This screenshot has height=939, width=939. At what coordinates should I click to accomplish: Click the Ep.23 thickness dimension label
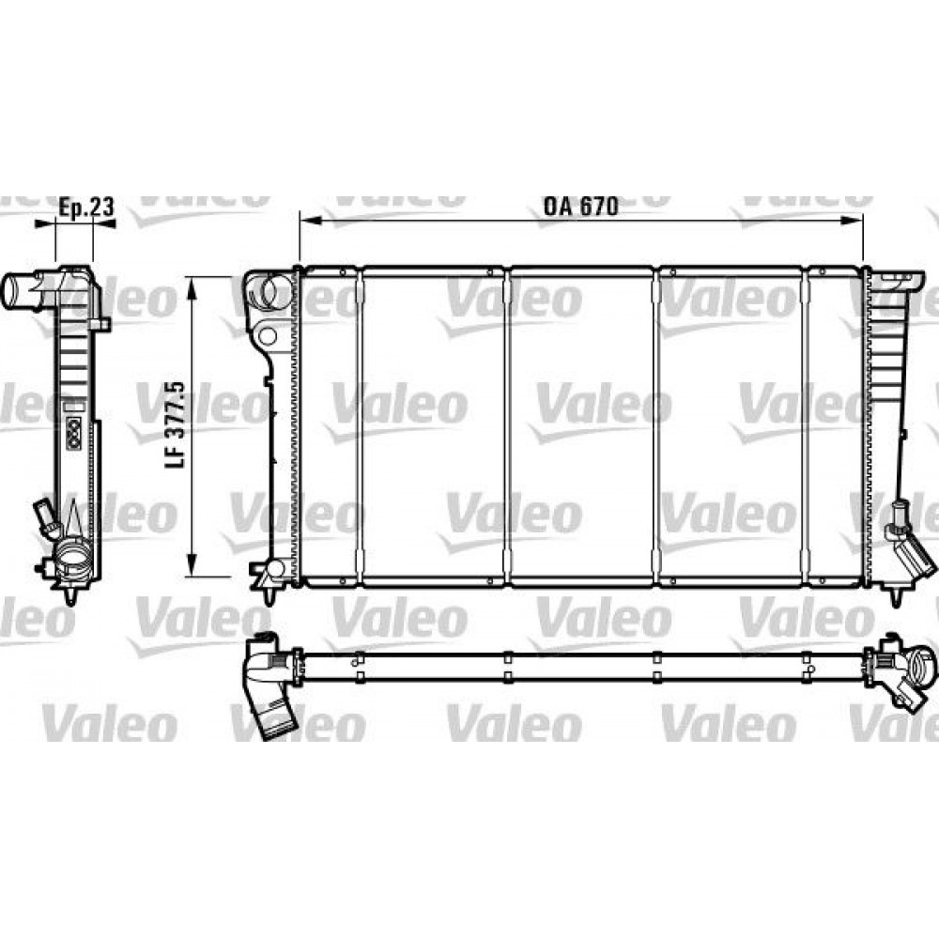(86, 207)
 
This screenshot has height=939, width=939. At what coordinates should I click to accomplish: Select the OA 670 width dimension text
(580, 207)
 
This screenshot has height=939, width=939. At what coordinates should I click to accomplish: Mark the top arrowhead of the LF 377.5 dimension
(192, 285)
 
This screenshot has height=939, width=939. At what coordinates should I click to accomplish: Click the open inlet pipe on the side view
(21, 290)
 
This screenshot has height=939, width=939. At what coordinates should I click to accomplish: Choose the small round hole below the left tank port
(267, 335)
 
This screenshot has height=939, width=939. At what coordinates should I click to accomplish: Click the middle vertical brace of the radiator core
(508, 427)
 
